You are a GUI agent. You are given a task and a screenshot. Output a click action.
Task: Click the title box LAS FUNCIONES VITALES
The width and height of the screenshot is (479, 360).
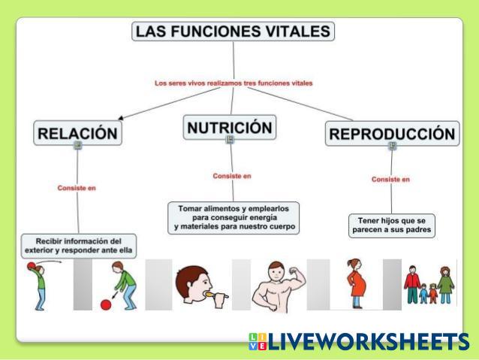[233, 31]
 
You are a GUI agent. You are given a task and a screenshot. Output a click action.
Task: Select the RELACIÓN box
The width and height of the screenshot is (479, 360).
[77, 133]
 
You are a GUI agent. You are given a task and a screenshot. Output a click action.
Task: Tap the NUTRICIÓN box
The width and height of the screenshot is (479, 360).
[229, 126]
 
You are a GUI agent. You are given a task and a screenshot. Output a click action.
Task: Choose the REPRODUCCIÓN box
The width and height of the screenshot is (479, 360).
[392, 134]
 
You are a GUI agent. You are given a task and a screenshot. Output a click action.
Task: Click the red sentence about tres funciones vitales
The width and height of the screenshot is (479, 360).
[233, 83]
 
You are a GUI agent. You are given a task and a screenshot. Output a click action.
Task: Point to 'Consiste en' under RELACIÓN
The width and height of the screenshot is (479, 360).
[77, 188]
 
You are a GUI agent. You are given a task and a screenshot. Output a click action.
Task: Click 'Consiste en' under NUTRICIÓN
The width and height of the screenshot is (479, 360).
[232, 176]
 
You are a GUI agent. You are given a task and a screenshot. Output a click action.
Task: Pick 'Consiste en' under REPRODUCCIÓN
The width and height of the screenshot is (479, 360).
[390, 180]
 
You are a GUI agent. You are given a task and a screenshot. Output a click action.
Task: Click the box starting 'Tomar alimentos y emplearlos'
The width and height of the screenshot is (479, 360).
[233, 216]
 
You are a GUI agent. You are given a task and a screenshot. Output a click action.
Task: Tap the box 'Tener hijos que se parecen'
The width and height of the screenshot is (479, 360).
[392, 225]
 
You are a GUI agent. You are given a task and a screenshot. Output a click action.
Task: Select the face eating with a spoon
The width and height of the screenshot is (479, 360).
[197, 286]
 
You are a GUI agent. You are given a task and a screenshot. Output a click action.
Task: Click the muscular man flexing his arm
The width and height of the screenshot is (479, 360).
[277, 286]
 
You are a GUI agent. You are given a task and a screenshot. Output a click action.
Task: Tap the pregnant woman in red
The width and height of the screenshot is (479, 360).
[354, 283]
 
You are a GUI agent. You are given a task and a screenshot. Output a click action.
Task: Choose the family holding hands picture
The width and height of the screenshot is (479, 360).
[429, 284]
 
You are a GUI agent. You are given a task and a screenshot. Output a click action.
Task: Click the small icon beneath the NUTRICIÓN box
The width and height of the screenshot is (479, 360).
[230, 140]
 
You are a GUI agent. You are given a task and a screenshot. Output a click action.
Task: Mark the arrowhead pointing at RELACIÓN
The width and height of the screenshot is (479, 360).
[121, 117]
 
